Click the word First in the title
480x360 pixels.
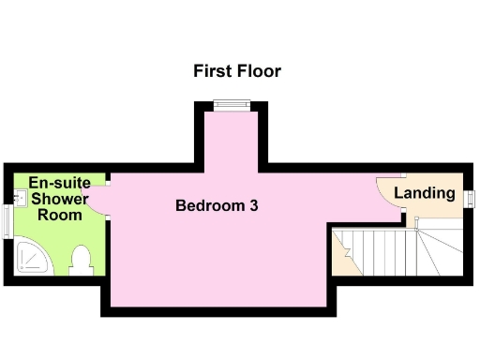tap(213, 71)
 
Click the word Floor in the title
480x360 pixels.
tap(258, 71)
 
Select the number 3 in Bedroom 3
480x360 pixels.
tap(253, 205)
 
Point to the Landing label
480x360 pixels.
tap(424, 194)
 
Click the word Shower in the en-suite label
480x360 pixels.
tap(59, 199)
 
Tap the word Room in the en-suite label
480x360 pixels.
tap(59, 215)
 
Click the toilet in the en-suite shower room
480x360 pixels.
tap(81, 259)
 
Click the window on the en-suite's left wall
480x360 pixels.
tap(7, 222)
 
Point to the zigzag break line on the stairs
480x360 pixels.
tap(348, 251)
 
